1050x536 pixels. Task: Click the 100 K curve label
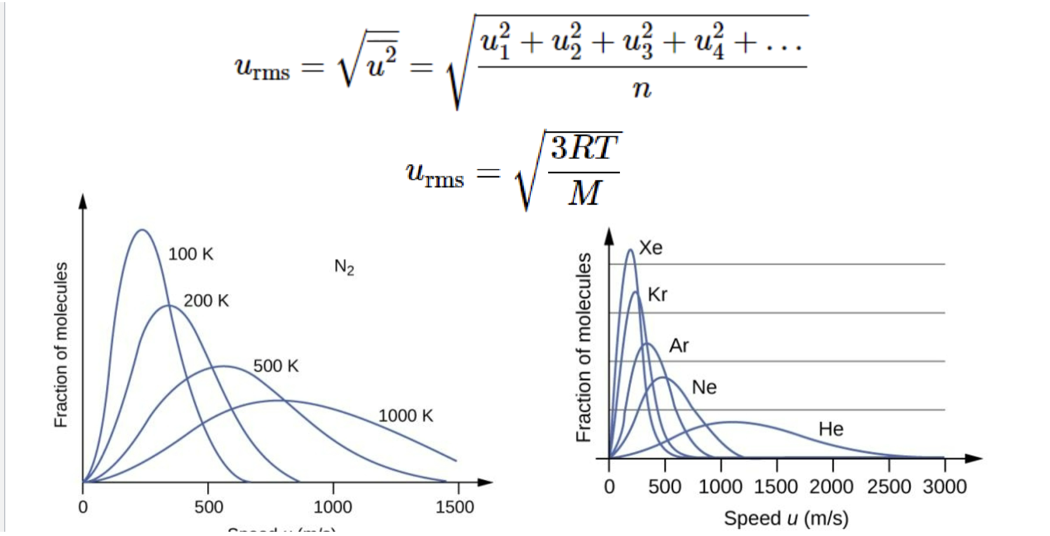[190, 254]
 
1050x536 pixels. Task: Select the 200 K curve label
[206, 301]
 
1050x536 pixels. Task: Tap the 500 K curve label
[276, 366]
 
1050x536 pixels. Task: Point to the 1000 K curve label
[405, 416]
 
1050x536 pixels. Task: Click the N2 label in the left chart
[344, 267]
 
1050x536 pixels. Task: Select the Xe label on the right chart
[651, 248]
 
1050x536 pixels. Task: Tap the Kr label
[658, 295]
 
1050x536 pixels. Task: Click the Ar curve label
[679, 346]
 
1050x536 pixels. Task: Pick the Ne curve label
[704, 388]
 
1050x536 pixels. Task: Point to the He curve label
[831, 430]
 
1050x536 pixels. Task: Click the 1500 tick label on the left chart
[455, 507]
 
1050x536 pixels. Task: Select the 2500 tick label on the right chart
[888, 487]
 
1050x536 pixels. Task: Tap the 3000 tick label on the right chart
[945, 487]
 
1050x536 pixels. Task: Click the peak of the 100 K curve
[142, 230]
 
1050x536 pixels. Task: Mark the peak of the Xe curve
[630, 250]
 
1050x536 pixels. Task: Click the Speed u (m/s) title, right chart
[786, 518]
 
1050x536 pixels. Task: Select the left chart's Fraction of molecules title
[61, 345]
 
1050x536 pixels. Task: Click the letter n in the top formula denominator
[641, 89]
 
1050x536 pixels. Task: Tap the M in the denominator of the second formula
[584, 193]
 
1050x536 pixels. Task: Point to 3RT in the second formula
[584, 148]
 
